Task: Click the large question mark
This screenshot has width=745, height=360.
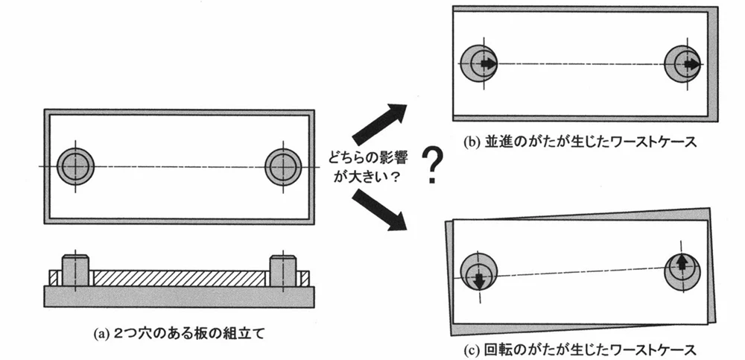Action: [x=429, y=166]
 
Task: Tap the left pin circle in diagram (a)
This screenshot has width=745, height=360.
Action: [x=74, y=165]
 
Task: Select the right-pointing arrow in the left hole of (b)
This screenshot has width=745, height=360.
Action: [x=488, y=64]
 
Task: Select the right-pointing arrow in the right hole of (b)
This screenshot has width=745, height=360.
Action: [x=691, y=64]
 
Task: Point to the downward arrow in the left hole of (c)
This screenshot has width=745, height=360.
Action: [x=478, y=279]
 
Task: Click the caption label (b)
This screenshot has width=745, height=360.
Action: [x=472, y=142]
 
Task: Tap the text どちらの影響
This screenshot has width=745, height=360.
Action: [x=366, y=158]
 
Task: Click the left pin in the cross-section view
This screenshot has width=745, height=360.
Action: [x=74, y=271]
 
